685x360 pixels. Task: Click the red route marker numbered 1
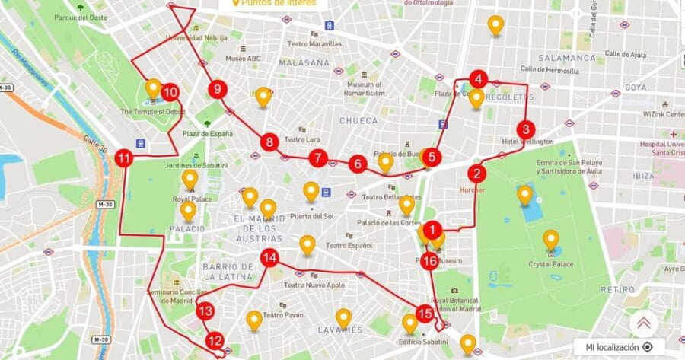pyautogui.click(x=432, y=228)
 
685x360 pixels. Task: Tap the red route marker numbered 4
pyautogui.click(x=478, y=78)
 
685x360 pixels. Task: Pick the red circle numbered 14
pyautogui.click(x=269, y=258)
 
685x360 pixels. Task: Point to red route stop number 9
pyautogui.click(x=218, y=90)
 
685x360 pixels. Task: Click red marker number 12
pyautogui.click(x=215, y=341)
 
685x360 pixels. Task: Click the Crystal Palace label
pyautogui.click(x=550, y=264)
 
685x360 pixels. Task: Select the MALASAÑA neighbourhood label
pyautogui.click(x=304, y=62)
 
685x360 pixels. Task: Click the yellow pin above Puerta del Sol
pyautogui.click(x=311, y=190)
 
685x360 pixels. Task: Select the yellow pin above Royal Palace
pyautogui.click(x=190, y=179)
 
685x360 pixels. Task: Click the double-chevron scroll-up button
pyautogui.click(x=643, y=323)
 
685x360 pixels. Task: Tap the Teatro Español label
pyautogui.click(x=349, y=246)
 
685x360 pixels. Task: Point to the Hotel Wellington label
pyautogui.click(x=527, y=142)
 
